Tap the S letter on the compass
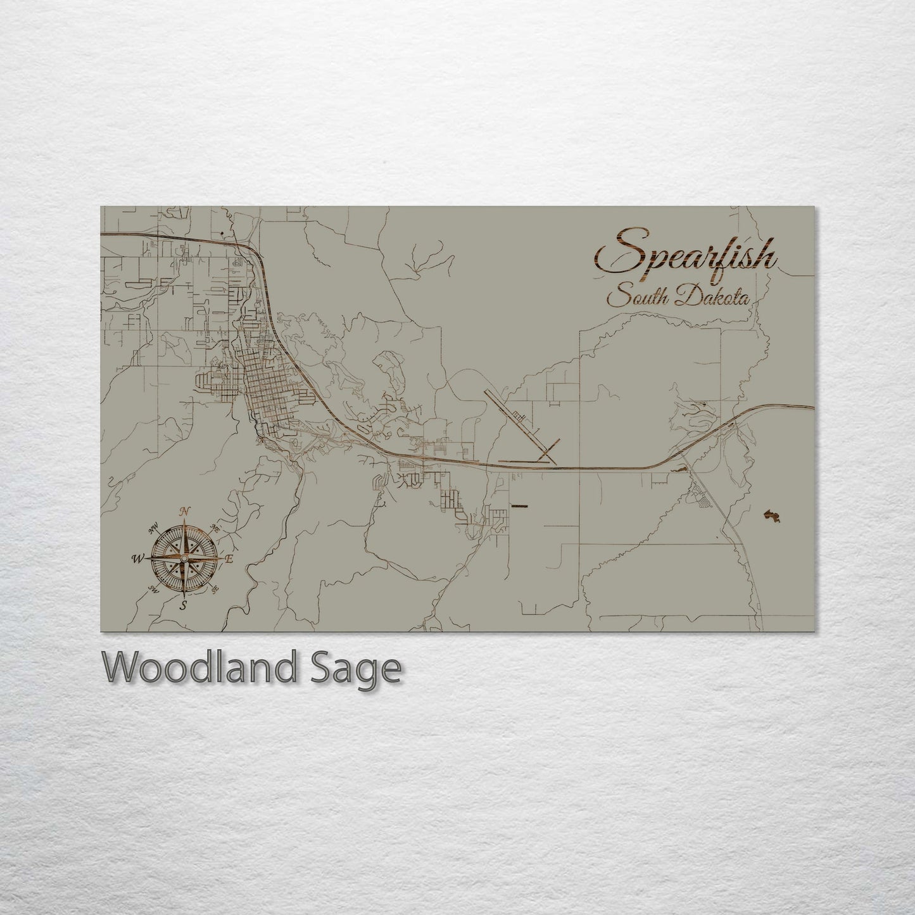point(184,605)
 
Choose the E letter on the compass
point(230,559)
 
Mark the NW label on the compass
point(153,529)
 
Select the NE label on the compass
point(215,527)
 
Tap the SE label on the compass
point(215,590)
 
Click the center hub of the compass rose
point(184,558)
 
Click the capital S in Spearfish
point(614,253)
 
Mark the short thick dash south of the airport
point(519,505)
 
